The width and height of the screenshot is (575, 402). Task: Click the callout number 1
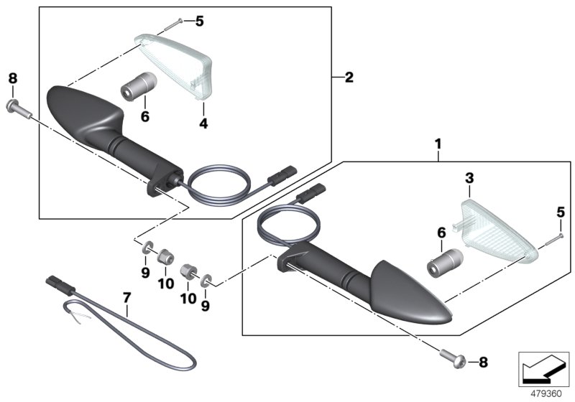point(438,144)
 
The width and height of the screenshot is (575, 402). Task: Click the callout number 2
point(349,78)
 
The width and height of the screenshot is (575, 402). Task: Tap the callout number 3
point(469,178)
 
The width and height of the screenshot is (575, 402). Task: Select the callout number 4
point(203,123)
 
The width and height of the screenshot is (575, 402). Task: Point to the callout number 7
point(127,298)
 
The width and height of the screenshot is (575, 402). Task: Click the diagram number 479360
point(546,394)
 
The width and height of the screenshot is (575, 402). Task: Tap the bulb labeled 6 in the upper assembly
point(139,85)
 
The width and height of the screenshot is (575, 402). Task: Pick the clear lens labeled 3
point(495,231)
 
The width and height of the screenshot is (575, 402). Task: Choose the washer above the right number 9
point(206,281)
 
